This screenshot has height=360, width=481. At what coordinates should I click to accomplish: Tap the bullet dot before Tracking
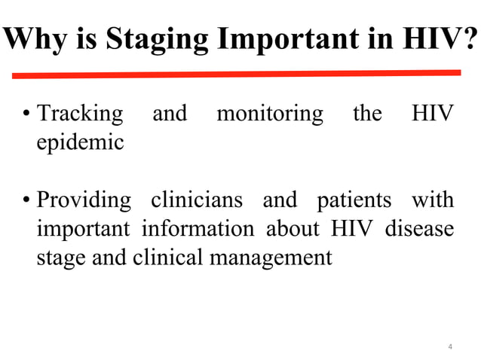[x=26, y=115]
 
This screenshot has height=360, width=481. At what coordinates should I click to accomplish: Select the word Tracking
[x=80, y=114]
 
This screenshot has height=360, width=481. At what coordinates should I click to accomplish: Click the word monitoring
[x=269, y=114]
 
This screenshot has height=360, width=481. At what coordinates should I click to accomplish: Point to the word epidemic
[x=80, y=142]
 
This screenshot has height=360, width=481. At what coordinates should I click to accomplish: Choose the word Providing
[x=83, y=201]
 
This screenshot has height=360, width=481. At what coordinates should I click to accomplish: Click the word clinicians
[x=197, y=201]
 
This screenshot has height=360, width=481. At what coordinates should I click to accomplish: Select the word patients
[x=354, y=201]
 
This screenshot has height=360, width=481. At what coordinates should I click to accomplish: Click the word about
[x=295, y=229]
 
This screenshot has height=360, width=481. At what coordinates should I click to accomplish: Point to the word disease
[x=419, y=229]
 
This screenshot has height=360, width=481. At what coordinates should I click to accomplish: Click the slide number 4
[x=449, y=346]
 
